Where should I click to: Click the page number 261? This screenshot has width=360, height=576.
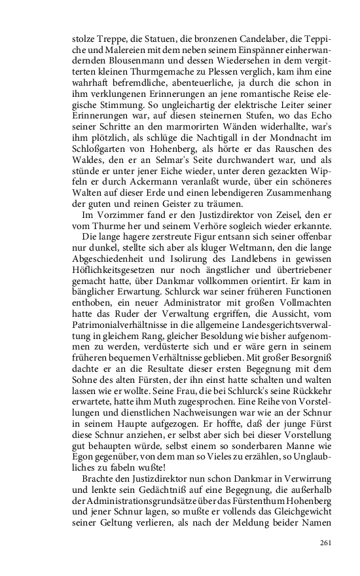327,543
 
